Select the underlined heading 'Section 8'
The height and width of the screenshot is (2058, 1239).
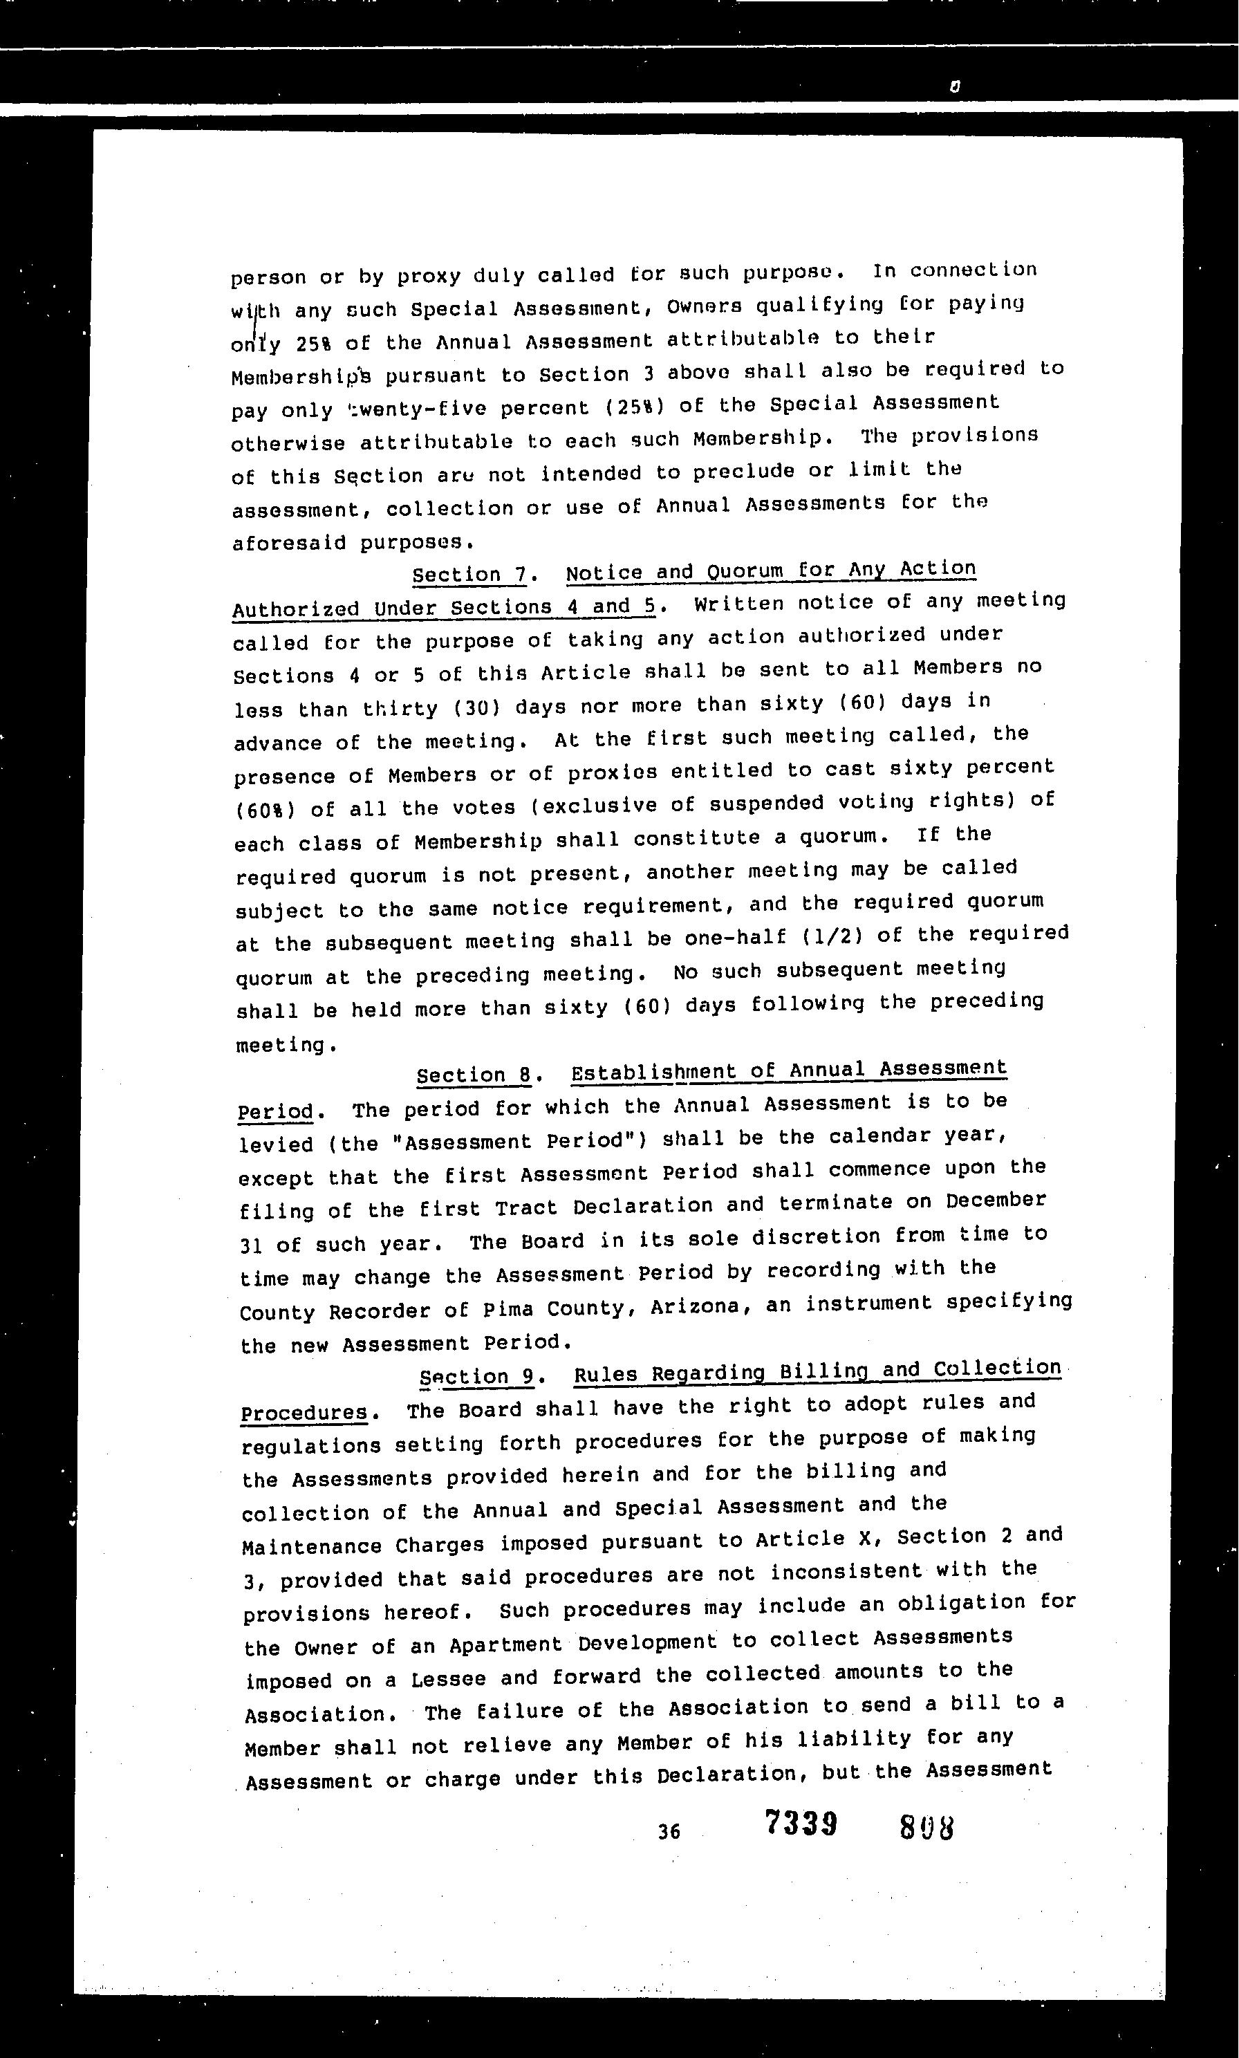pyautogui.click(x=474, y=1075)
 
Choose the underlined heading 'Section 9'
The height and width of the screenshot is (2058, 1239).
pyautogui.click(x=477, y=1377)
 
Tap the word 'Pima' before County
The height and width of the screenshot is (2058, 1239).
pyautogui.click(x=508, y=1309)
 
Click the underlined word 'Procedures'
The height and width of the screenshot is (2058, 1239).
pyautogui.click(x=304, y=1413)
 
